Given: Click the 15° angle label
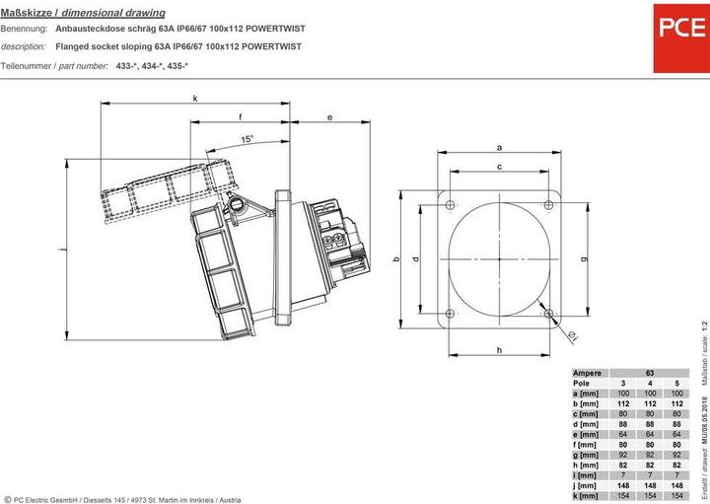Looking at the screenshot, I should (x=246, y=139).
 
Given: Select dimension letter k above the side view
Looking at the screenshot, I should (x=195, y=98).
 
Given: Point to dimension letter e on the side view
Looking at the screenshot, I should (x=329, y=117).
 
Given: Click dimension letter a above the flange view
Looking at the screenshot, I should (x=500, y=148).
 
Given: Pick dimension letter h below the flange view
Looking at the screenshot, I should (x=500, y=350).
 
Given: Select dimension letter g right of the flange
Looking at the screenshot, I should (x=585, y=258).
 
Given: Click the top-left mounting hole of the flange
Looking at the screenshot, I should (x=451, y=205).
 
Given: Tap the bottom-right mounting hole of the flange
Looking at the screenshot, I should (x=548, y=313).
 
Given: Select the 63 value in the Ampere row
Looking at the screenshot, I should (x=650, y=374).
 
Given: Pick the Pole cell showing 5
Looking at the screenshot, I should (x=675, y=384).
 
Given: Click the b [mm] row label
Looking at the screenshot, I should (x=589, y=404).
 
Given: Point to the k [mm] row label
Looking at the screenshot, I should (x=589, y=495).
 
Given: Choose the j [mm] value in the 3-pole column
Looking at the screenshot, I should (x=624, y=485).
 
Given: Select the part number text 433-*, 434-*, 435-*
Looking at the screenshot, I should (x=151, y=65).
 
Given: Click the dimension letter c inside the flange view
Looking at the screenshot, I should (x=500, y=168).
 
